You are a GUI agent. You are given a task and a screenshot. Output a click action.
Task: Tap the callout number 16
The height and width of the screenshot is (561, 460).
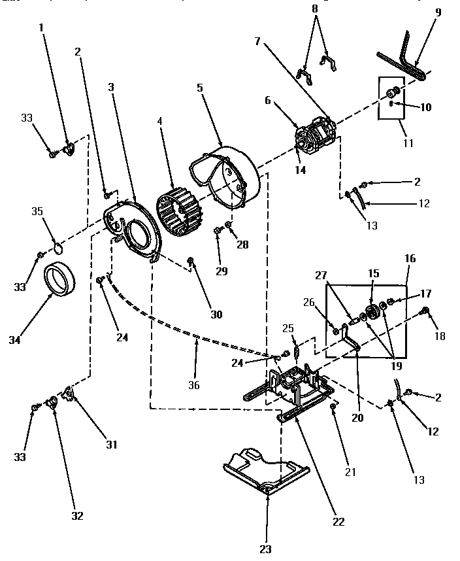(x=410, y=259)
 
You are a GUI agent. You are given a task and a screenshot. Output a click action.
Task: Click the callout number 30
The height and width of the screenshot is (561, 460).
(x=216, y=314)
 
